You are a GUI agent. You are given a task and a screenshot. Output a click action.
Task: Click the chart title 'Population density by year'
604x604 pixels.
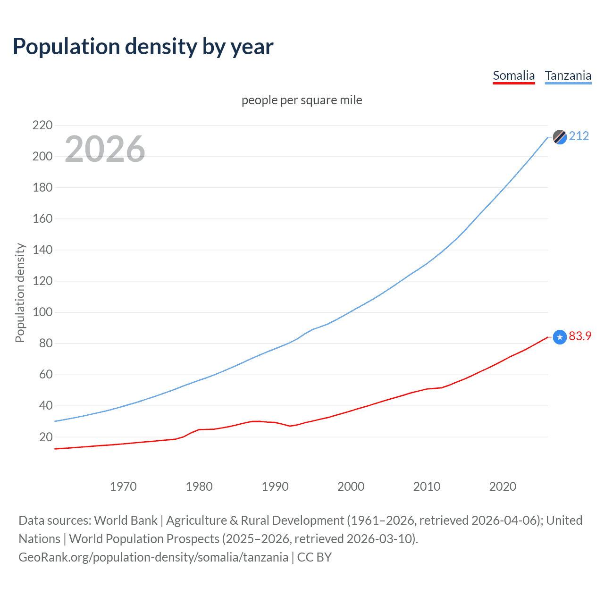click(143, 47)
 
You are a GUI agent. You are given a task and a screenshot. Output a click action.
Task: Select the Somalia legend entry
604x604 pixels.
click(513, 75)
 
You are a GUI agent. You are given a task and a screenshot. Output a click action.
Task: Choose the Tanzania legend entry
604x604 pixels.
click(568, 75)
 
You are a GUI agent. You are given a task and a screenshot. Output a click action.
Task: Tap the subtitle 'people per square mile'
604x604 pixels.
click(302, 100)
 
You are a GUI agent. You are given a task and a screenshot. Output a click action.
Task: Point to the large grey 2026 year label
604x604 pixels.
click(105, 149)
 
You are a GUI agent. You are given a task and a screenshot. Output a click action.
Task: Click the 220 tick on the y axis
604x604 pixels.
click(42, 125)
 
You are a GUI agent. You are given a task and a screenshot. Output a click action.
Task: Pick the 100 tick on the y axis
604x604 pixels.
click(42, 312)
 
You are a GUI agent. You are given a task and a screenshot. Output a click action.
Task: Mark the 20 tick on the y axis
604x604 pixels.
click(46, 437)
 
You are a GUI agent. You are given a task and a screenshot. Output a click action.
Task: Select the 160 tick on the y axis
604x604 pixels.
click(42, 218)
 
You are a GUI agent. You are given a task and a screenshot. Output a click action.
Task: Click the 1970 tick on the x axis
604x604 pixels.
click(123, 487)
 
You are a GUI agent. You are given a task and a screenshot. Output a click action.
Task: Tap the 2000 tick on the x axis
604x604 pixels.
click(351, 487)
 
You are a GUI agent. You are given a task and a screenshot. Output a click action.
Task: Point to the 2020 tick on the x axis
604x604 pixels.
click(503, 487)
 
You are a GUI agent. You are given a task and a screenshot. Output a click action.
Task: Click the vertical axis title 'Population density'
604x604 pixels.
click(20, 293)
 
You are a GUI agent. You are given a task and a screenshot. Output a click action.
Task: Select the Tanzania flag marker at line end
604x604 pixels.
click(559, 137)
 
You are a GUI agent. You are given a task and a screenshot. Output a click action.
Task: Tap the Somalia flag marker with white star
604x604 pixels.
click(559, 337)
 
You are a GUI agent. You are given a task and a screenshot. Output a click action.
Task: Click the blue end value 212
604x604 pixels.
click(579, 136)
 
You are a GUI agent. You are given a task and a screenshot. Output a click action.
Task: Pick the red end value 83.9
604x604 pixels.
click(580, 336)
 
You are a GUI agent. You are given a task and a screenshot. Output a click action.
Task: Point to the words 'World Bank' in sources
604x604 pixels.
click(126, 520)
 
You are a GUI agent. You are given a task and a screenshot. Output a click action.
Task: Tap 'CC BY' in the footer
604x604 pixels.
click(314, 557)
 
